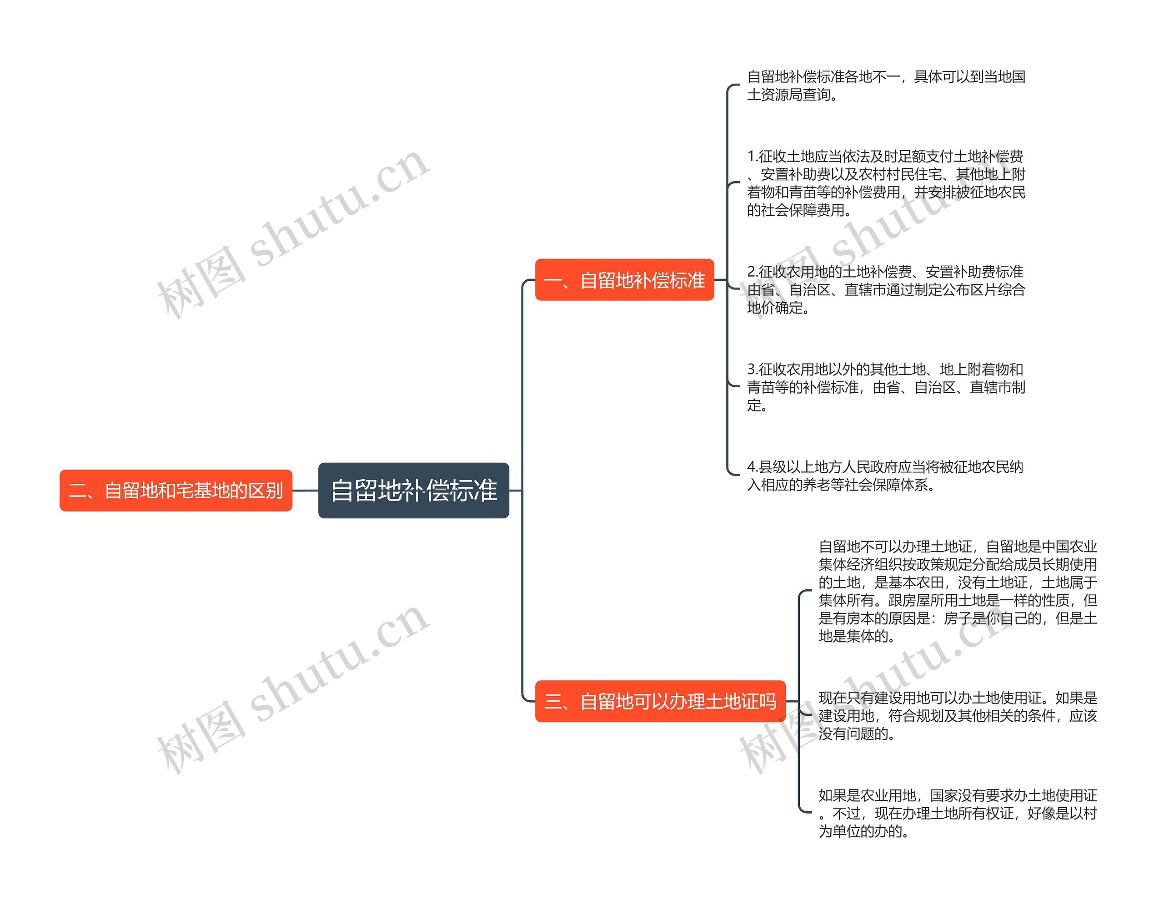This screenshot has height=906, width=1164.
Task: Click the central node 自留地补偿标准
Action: tap(414, 490)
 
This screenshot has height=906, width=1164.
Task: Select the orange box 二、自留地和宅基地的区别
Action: tap(176, 490)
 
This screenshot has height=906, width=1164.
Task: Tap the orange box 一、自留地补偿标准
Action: tap(624, 280)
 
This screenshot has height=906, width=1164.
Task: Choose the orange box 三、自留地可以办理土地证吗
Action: tap(660, 701)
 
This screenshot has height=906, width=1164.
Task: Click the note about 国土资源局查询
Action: tap(886, 85)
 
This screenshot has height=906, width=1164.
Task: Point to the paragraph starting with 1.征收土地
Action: tap(886, 183)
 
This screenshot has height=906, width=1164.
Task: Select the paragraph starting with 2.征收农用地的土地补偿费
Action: tap(886, 289)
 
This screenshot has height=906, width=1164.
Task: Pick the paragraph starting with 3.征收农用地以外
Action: tap(886, 387)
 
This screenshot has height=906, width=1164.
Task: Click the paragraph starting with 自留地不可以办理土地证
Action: tap(957, 591)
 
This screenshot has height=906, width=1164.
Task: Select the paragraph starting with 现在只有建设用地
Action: tap(957, 716)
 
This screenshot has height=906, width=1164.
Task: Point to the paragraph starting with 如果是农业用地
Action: tap(957, 813)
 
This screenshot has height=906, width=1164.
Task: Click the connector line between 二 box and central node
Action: tap(306, 490)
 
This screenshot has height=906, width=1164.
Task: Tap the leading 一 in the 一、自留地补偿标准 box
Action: tap(553, 280)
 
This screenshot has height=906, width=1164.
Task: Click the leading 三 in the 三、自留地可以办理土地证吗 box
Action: tap(553, 702)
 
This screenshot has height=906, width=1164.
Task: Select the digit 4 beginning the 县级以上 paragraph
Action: tap(752, 467)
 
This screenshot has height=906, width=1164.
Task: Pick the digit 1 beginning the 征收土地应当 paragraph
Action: tap(751, 156)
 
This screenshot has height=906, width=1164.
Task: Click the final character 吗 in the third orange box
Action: tap(768, 702)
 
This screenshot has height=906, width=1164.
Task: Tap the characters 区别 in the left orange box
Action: tap(266, 491)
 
